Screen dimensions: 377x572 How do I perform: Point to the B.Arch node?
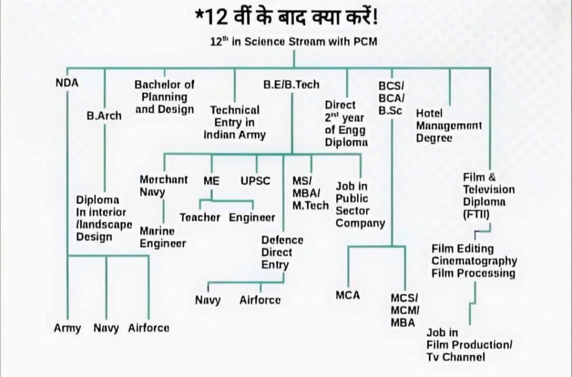coord(104,116)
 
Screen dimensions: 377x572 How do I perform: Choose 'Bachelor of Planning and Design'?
coord(164,97)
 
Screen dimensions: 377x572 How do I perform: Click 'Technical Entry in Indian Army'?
coord(235,122)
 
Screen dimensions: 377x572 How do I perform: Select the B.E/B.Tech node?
coord(292,85)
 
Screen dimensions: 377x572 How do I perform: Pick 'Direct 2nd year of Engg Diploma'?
coord(346,123)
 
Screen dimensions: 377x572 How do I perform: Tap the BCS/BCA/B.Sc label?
coord(390,98)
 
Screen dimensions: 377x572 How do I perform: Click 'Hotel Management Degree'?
coord(449,126)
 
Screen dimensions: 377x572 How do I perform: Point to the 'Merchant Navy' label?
coord(164,186)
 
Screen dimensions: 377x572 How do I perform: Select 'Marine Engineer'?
coord(163,237)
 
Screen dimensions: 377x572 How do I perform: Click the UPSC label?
coord(255,181)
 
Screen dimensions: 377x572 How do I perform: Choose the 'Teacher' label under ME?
coord(200,217)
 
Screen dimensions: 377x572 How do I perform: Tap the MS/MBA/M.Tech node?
coord(311,193)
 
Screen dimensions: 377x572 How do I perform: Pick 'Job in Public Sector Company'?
coord(360,204)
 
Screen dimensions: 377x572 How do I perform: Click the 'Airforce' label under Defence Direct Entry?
coord(260,300)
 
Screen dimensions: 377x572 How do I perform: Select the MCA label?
coord(347,294)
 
